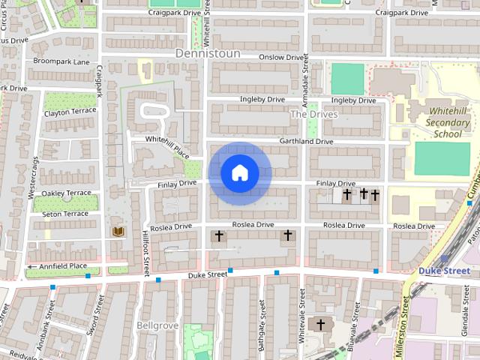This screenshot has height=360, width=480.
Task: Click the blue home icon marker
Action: coord(240,173)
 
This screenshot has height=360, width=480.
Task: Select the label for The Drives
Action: coord(313,114)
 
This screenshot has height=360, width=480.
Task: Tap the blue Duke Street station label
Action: coord(444,271)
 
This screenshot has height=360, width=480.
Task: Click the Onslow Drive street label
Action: coord(281,57)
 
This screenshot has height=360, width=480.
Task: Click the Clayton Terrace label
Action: coord(70,112)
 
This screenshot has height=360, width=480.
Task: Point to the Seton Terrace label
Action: coord(65,214)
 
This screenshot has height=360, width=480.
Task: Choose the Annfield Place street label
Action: coord(61,265)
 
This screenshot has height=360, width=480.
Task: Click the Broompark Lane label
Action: coord(61,61)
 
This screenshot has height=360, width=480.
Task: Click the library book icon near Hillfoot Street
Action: coord(117,232)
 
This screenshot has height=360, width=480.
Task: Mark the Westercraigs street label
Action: coord(33,178)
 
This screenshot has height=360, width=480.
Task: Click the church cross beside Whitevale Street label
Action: coord(321,324)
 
